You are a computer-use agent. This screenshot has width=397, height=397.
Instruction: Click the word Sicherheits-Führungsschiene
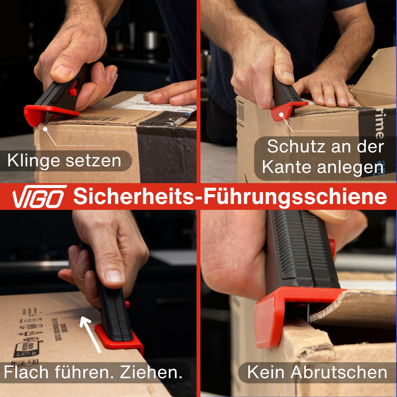click(x=230, y=197)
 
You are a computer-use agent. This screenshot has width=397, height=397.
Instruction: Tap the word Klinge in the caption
click(x=34, y=161)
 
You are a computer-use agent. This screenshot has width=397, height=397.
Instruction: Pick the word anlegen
click(x=350, y=167)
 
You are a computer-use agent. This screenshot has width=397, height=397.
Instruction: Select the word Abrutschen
click(x=339, y=373)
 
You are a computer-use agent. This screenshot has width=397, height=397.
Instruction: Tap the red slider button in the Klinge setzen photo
click(x=73, y=91)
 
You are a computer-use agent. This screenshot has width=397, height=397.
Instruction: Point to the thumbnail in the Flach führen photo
click(x=113, y=276)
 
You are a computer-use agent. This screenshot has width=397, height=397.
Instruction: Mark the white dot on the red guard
click(x=282, y=115)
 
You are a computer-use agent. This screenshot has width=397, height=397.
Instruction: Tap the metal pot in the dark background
click(x=151, y=40)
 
